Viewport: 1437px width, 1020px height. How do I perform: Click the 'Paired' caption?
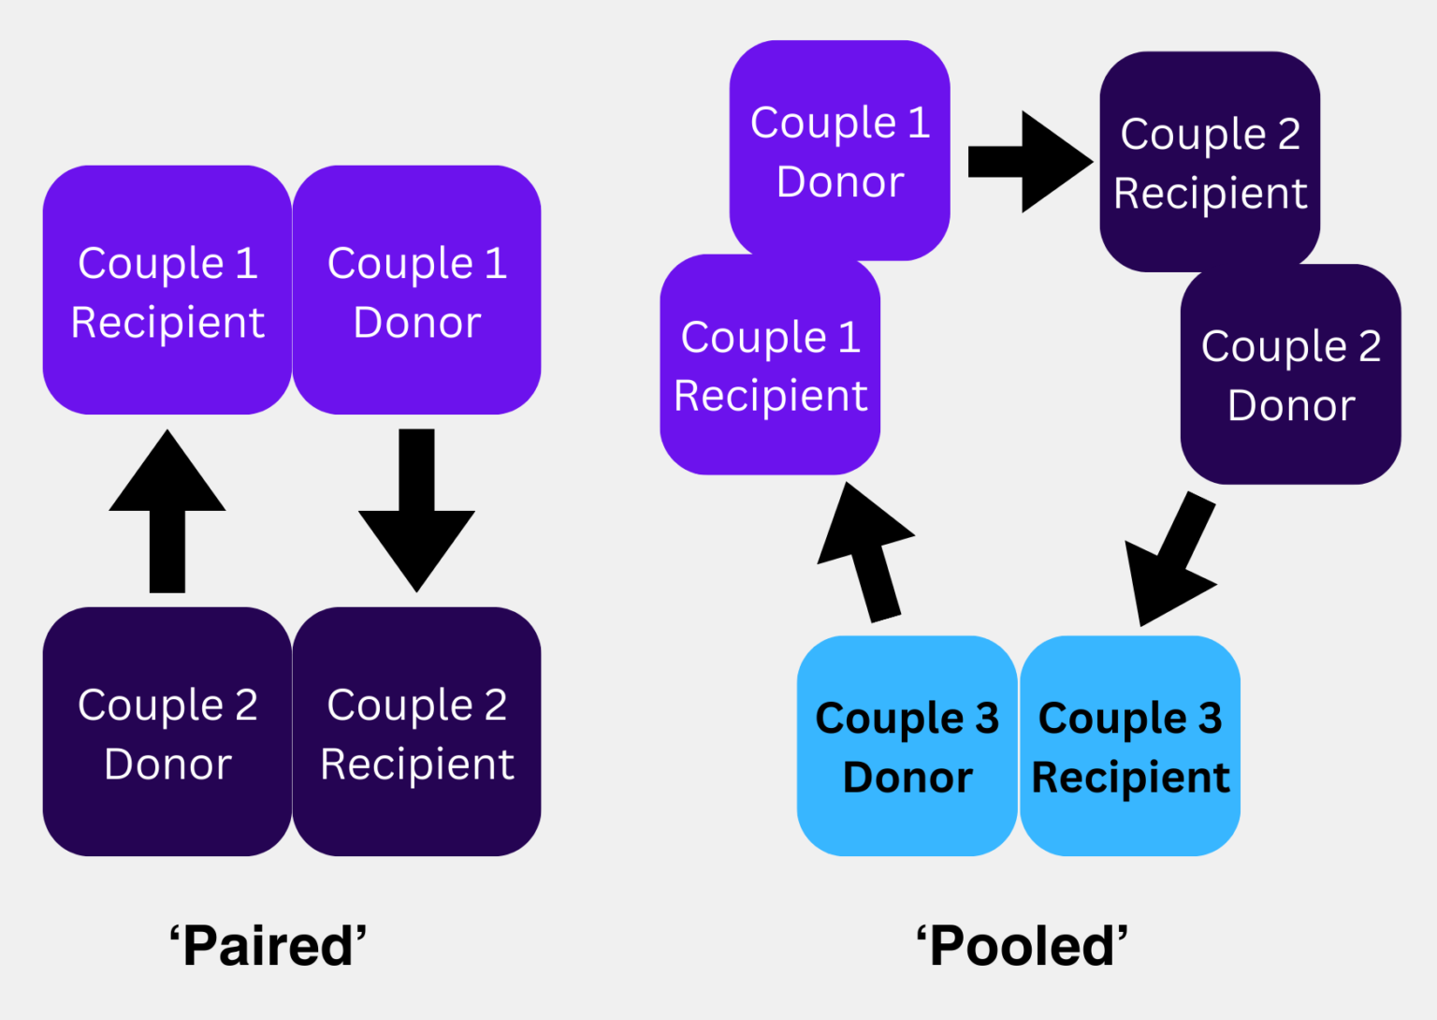[x=268, y=946]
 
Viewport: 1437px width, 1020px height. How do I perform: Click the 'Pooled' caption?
[x=1022, y=946]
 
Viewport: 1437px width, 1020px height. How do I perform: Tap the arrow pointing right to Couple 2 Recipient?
[x=1029, y=162]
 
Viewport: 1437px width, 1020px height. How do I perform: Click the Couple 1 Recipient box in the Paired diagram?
[x=167, y=290]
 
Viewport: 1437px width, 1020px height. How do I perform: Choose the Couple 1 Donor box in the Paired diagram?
[x=416, y=290]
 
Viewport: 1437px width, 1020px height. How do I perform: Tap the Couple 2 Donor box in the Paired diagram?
[x=167, y=732]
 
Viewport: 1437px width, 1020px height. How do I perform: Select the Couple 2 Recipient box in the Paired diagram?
[x=416, y=732]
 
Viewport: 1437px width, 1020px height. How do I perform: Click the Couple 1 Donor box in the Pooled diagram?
[x=839, y=150]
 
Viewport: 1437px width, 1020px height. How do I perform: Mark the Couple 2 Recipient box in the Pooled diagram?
[x=1210, y=161]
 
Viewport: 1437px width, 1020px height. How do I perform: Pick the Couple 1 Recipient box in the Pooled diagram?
[x=770, y=365]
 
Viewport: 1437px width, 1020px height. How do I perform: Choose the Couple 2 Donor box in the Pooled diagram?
[x=1291, y=374]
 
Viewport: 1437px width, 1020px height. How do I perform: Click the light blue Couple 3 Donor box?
[x=907, y=746]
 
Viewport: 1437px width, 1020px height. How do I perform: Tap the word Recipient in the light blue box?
[x=1130, y=778]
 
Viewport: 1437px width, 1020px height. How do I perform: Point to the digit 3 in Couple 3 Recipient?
[x=1210, y=719]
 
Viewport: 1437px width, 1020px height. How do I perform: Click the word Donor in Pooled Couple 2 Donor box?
[x=1291, y=405]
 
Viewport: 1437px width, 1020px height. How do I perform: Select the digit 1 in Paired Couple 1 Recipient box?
[x=247, y=263]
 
